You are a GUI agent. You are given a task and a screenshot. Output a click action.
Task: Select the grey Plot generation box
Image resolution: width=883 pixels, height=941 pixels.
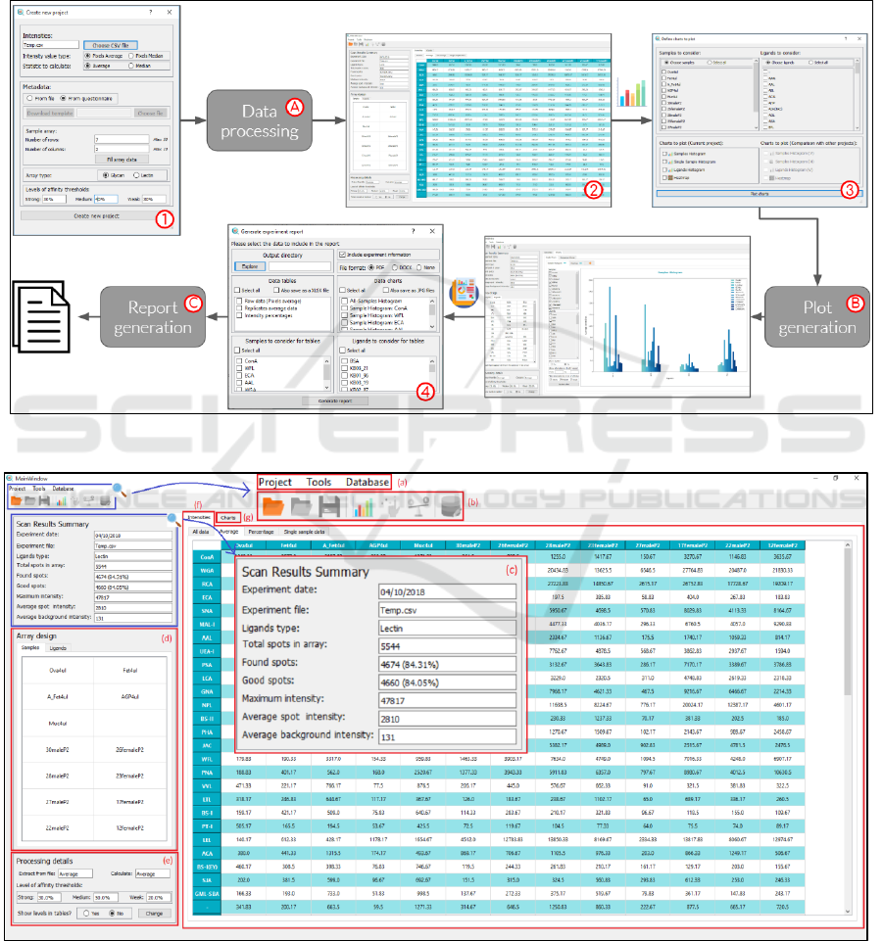pos(816,317)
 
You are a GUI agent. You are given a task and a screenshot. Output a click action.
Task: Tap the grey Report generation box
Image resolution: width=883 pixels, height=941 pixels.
pos(152,317)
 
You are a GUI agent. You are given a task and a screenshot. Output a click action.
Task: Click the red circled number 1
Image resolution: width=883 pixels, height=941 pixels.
pos(167,219)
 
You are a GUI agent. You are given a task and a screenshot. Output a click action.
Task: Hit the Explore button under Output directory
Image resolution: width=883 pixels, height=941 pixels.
pos(249,265)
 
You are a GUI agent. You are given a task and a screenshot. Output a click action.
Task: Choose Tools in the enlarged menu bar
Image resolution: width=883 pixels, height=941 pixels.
pos(319,482)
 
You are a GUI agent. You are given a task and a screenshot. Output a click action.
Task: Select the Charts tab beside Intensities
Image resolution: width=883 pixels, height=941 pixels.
pos(227,517)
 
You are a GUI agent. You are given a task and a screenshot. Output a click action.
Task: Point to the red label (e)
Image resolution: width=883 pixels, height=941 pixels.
pos(170,861)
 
